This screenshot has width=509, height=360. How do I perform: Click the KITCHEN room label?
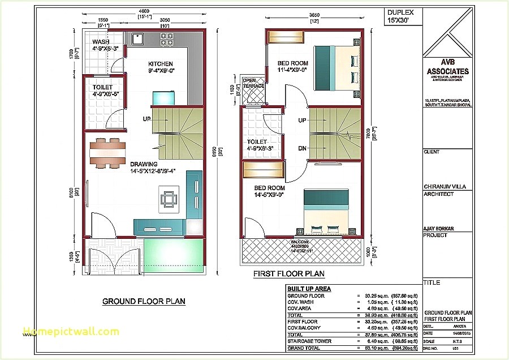(x=161, y=64)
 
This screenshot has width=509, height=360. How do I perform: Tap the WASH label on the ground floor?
(x=101, y=42)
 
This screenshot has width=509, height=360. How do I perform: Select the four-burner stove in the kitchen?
(x=167, y=39)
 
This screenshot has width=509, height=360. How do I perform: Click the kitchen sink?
(x=137, y=38)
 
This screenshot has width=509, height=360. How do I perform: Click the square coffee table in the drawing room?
(x=169, y=199)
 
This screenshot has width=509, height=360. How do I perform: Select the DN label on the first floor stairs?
(x=303, y=148)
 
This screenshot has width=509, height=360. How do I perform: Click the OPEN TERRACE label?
(x=253, y=83)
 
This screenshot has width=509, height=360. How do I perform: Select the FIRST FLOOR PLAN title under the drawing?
(x=289, y=274)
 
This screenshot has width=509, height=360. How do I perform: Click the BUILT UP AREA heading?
(x=309, y=289)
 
